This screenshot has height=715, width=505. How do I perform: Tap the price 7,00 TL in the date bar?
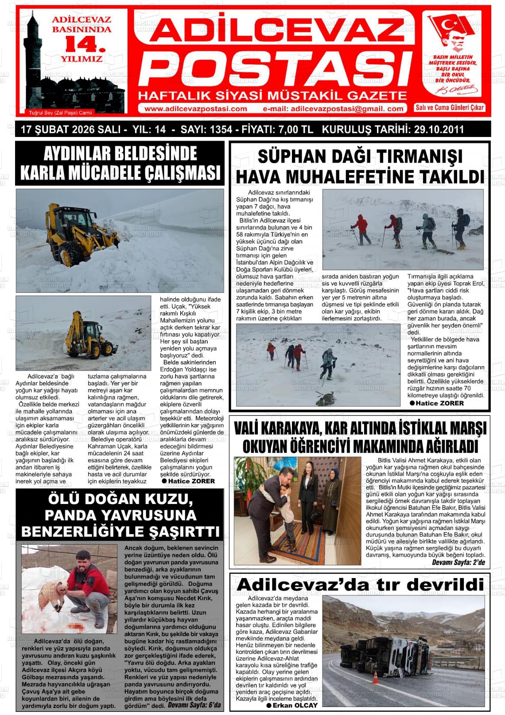pyautogui.click(x=296, y=129)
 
